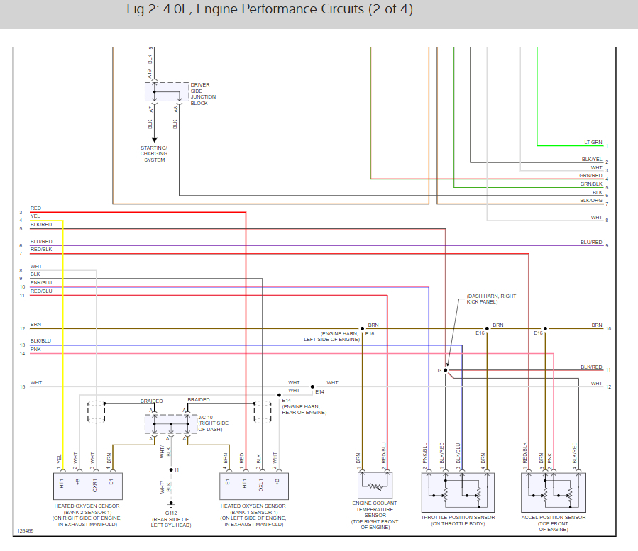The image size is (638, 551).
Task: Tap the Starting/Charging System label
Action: pyautogui.click(x=154, y=154)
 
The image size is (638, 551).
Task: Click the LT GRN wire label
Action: pyautogui.click(x=593, y=142)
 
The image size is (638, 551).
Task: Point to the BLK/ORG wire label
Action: pyautogui.click(x=591, y=200)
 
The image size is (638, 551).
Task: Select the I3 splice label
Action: pyautogui.click(x=440, y=371)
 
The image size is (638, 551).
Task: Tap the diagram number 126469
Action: pyautogui.click(x=26, y=530)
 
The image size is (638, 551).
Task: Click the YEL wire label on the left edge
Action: pyautogui.click(x=35, y=216)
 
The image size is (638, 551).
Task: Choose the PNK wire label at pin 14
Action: pyautogui.click(x=35, y=350)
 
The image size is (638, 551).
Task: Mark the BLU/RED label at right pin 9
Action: pyautogui.click(x=590, y=242)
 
